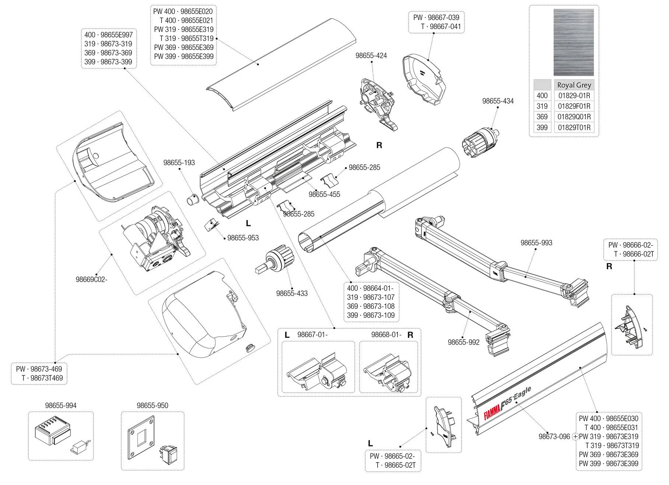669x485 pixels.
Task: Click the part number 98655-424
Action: click(371, 56)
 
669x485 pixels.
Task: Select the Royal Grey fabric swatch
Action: click(574, 42)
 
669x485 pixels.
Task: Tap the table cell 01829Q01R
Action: click(574, 117)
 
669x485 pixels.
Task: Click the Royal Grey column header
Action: click(574, 85)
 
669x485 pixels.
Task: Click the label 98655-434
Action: click(498, 101)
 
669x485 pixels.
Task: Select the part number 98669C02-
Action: click(91, 279)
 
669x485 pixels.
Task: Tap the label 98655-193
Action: click(179, 163)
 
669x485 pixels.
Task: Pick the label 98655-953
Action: click(243, 238)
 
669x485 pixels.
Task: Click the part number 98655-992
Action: click(463, 342)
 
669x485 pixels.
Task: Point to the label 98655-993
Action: click(536, 243)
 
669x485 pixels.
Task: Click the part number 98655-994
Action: click(61, 406)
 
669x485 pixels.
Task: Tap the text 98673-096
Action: click(554, 436)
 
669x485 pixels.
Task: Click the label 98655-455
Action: click(324, 194)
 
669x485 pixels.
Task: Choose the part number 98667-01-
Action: click(312, 334)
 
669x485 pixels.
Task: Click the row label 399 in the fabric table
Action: click(542, 128)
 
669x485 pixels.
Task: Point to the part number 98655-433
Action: click(292, 293)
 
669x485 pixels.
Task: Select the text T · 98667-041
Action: click(441, 26)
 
